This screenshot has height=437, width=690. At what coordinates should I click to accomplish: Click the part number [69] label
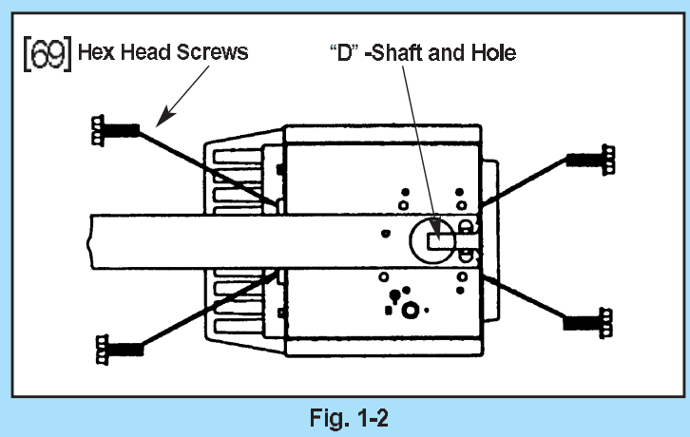point(48,51)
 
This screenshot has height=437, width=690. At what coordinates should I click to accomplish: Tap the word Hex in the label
point(97,52)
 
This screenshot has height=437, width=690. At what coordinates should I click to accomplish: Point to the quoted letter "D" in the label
point(343,52)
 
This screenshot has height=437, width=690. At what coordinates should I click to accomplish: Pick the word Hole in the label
point(493,52)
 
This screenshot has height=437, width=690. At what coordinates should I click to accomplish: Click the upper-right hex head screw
point(590,159)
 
